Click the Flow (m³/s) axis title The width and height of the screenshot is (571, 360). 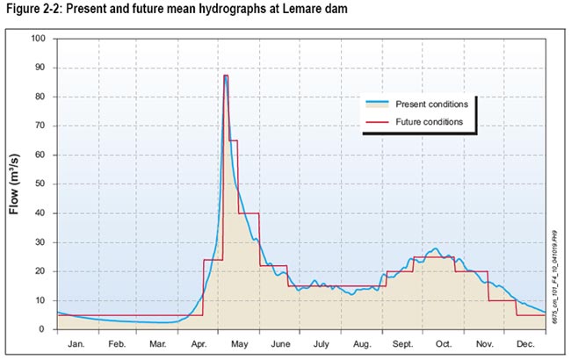[15, 184]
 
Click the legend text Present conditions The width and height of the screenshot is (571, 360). [431, 104]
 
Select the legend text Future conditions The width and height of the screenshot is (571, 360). [430, 121]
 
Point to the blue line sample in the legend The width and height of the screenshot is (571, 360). [379, 104]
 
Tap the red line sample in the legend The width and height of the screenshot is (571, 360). [379, 121]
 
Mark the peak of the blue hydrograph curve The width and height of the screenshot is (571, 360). [226, 78]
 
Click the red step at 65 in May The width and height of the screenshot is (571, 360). [233, 140]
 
